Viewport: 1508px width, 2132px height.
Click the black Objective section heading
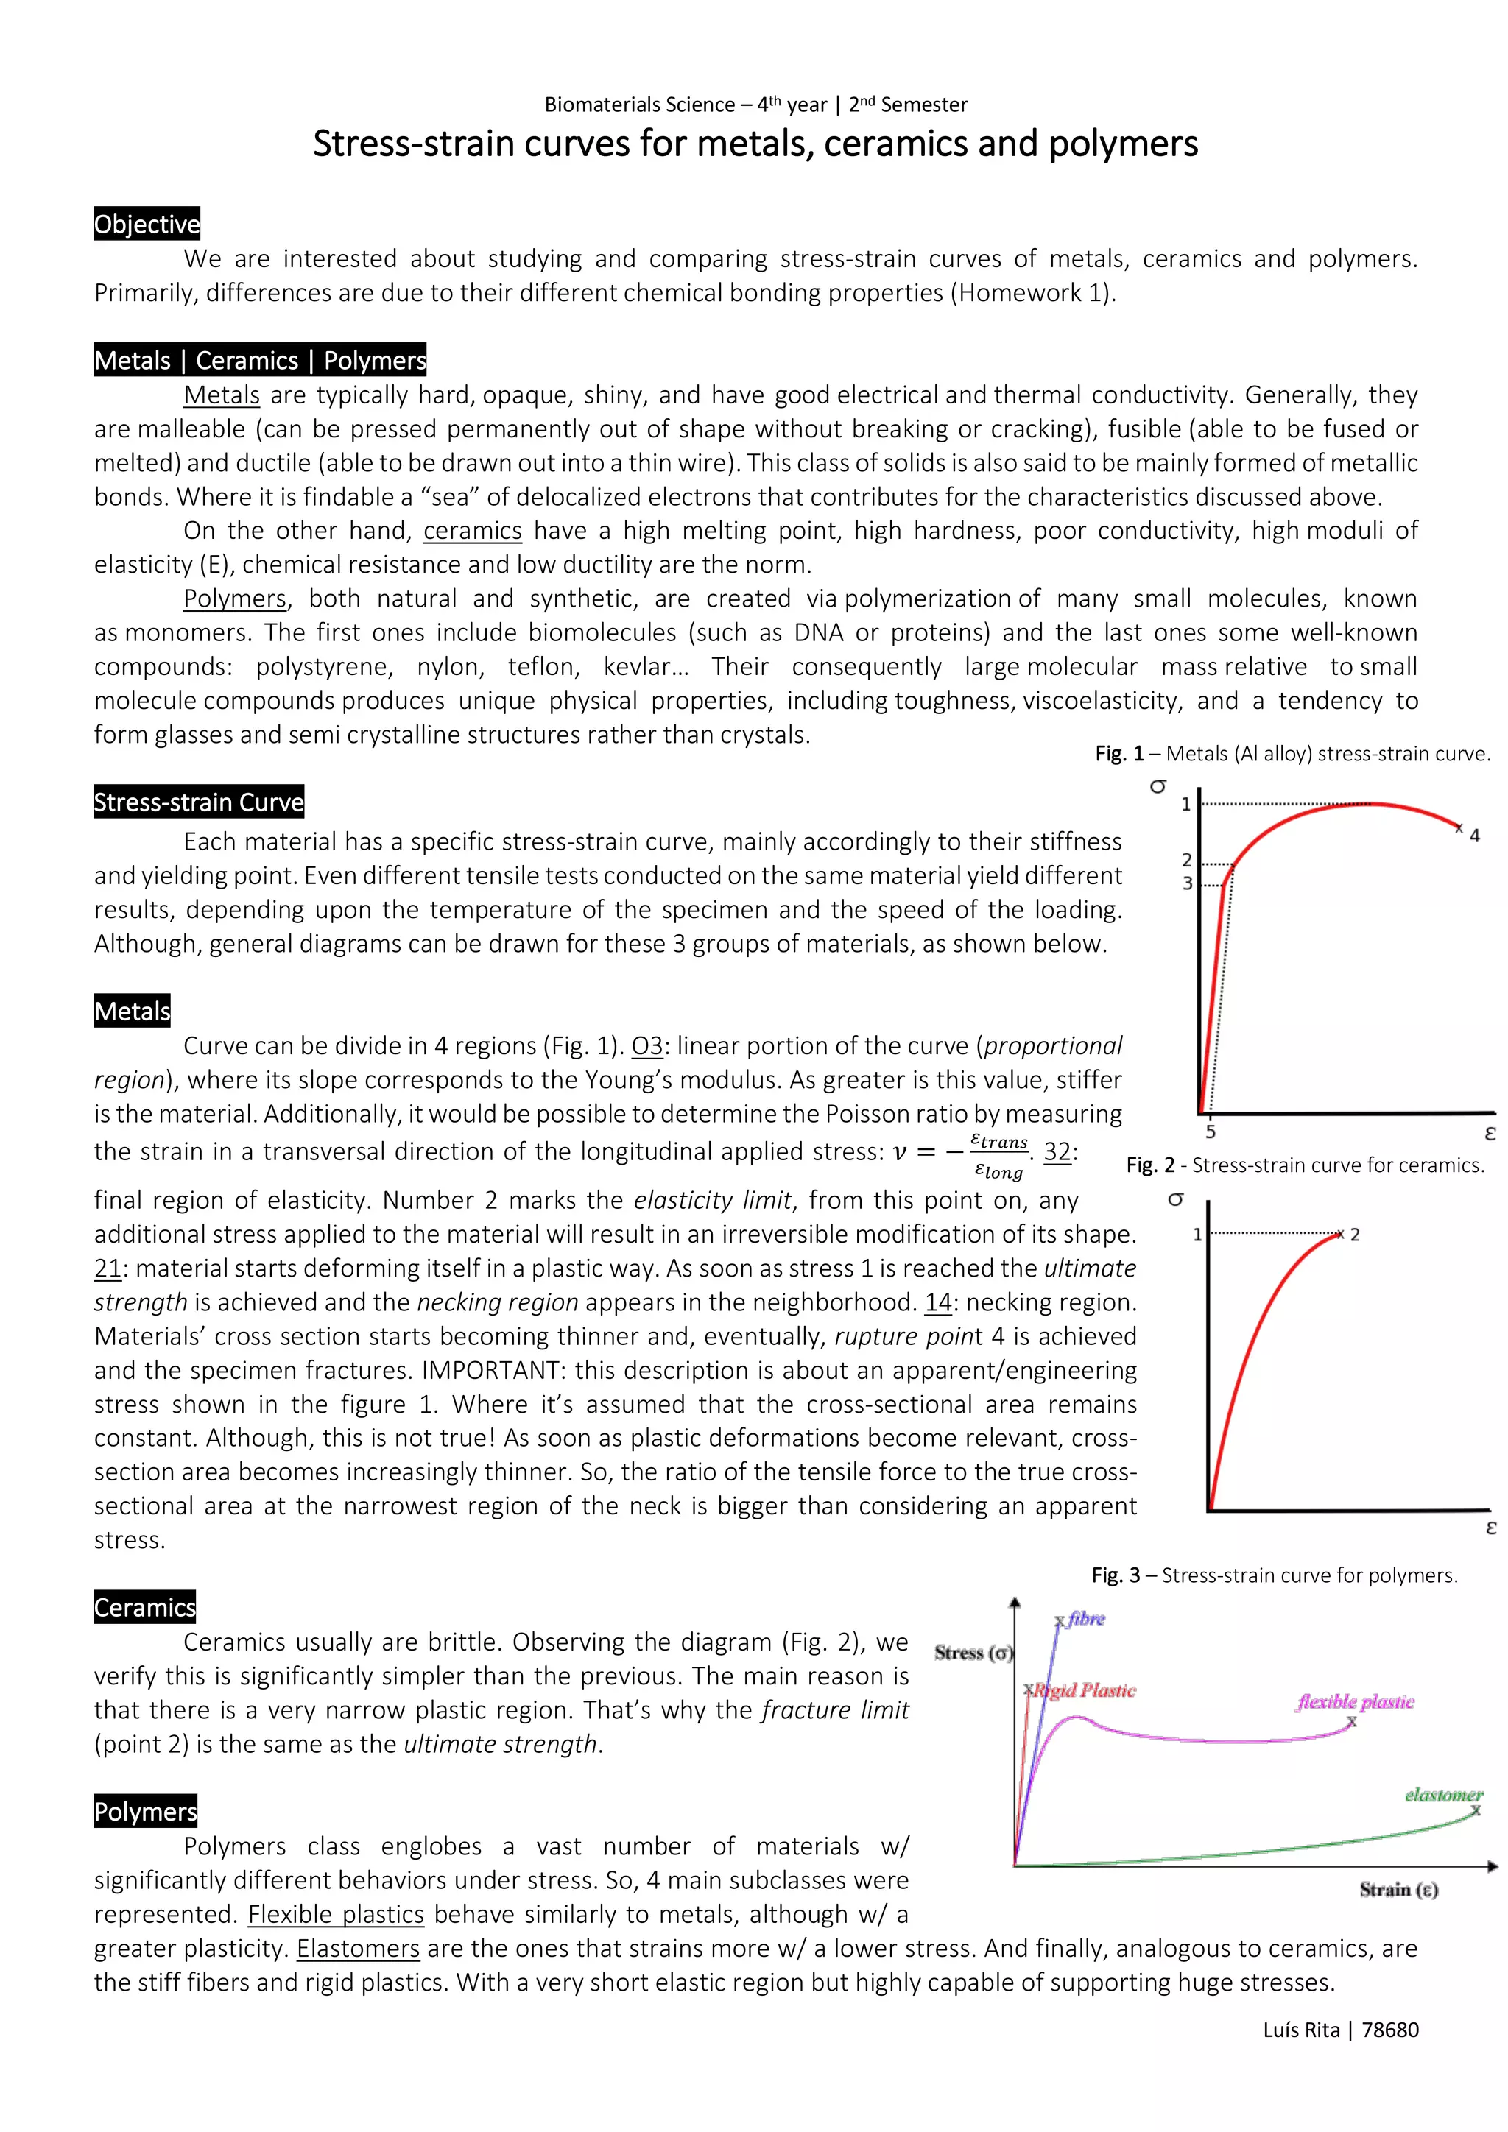click(x=147, y=224)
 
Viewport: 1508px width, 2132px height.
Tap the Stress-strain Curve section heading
click(x=199, y=802)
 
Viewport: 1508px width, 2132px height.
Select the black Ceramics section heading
click(x=145, y=1607)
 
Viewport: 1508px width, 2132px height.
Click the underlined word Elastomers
click(x=359, y=1948)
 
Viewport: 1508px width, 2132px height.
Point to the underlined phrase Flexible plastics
click(x=337, y=1914)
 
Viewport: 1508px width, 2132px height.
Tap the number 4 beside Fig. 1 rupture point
click(x=1475, y=836)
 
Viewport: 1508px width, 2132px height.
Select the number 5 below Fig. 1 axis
click(x=1211, y=1132)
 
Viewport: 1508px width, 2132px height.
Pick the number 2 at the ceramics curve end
click(x=1355, y=1235)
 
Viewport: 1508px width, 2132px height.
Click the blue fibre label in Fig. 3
click(x=1085, y=1618)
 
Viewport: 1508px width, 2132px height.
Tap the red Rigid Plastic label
click(x=1085, y=1690)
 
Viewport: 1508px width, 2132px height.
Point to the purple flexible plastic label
click(x=1356, y=1701)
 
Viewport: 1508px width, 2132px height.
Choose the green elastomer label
click(x=1443, y=1795)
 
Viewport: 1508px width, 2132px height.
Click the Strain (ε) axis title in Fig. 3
click(x=1398, y=1890)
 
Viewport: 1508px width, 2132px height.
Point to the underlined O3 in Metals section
click(x=647, y=1047)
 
